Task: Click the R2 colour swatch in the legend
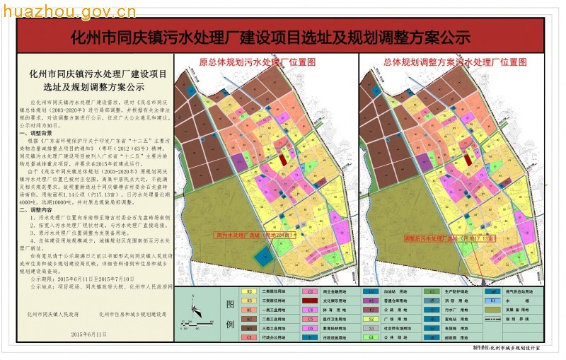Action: (250, 291)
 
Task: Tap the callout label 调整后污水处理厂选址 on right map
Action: (437, 238)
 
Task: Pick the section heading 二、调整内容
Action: (37, 211)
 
